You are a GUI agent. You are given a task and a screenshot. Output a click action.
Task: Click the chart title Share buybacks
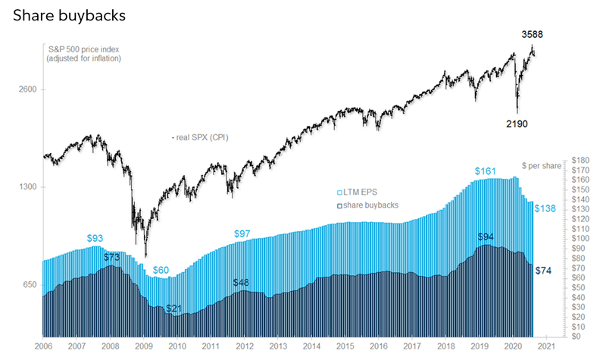[69, 15]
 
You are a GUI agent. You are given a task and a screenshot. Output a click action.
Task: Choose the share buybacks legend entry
[370, 205]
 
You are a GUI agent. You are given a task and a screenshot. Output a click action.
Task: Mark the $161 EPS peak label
[486, 171]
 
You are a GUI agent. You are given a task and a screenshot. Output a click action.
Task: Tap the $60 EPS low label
[161, 270]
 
